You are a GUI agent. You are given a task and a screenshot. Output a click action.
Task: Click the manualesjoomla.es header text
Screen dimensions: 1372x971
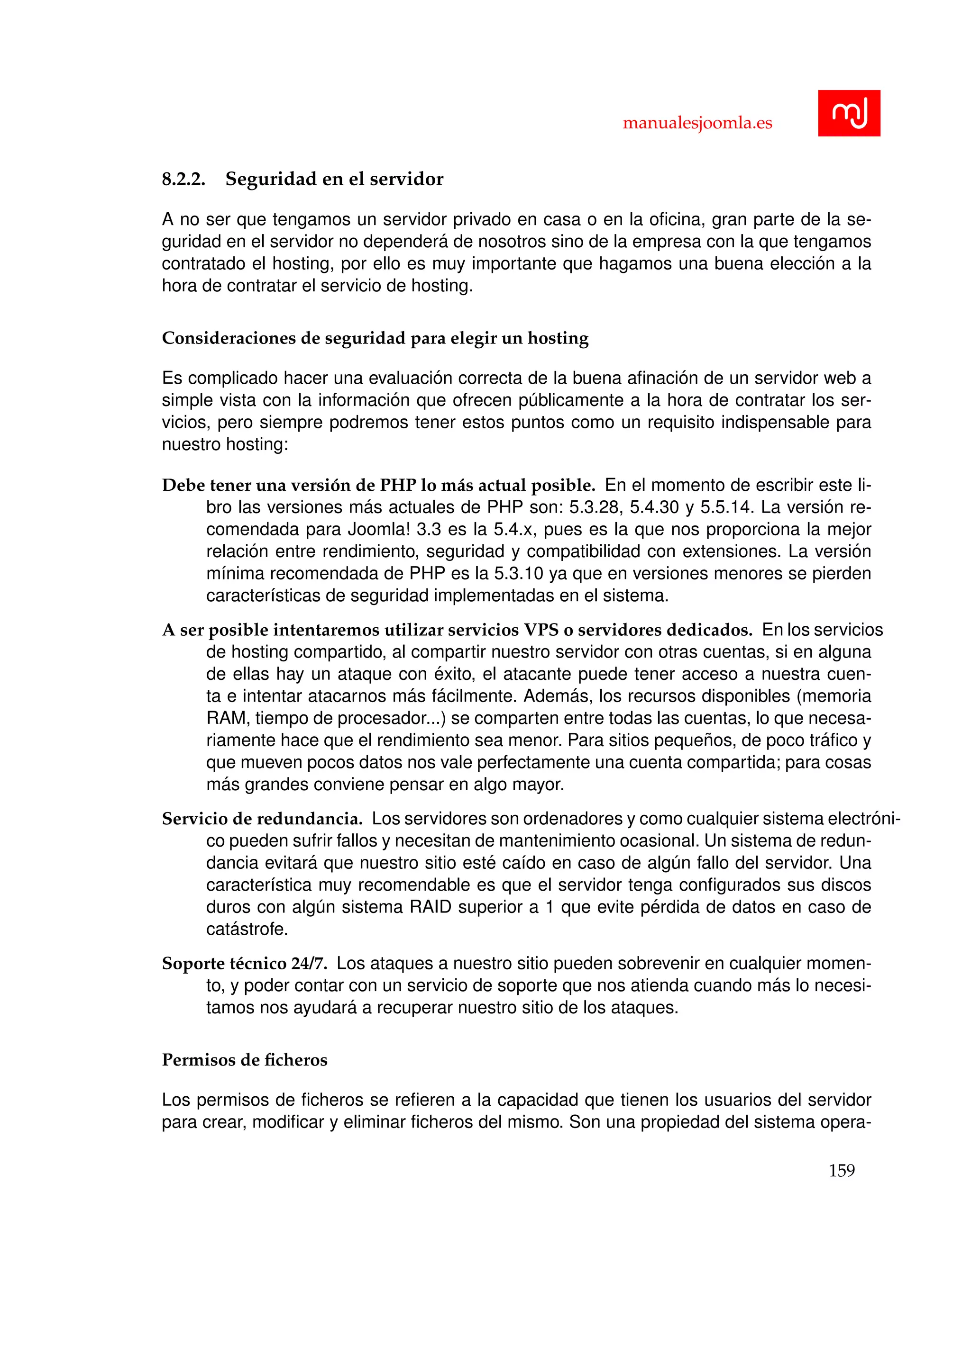[x=697, y=123]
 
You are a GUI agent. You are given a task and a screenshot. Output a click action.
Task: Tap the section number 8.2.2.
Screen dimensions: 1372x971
[x=183, y=179]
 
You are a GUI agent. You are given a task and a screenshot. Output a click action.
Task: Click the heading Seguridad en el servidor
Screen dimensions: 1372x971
[x=334, y=179]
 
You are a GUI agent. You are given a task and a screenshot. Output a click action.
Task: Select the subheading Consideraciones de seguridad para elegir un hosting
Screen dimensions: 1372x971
[x=375, y=338]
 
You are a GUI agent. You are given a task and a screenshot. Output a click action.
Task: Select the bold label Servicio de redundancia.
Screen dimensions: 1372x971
[x=262, y=819]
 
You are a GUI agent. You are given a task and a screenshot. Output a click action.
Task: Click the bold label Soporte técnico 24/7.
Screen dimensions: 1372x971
[x=245, y=964]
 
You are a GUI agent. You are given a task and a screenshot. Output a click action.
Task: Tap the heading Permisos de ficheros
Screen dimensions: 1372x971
[x=245, y=1060]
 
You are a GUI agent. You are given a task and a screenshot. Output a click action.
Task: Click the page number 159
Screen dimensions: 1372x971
[x=841, y=1171]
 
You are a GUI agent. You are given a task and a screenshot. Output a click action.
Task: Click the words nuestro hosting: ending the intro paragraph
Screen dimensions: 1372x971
[x=225, y=444]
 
